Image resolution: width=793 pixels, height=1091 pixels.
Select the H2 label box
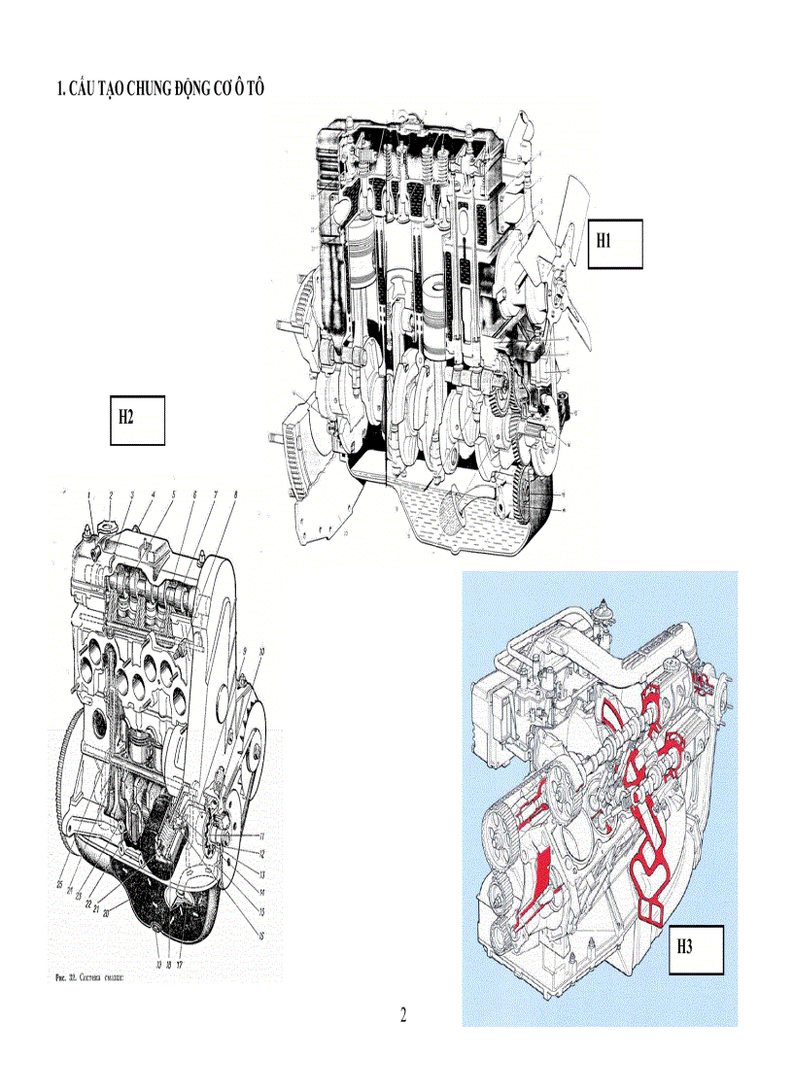137,420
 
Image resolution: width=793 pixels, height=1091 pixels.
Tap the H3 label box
697,949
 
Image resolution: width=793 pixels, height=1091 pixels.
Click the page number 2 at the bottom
403,1015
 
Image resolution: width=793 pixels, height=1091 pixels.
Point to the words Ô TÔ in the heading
250,88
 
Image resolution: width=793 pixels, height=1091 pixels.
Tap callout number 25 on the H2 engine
60,884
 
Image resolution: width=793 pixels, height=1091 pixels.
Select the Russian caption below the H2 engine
89,977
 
